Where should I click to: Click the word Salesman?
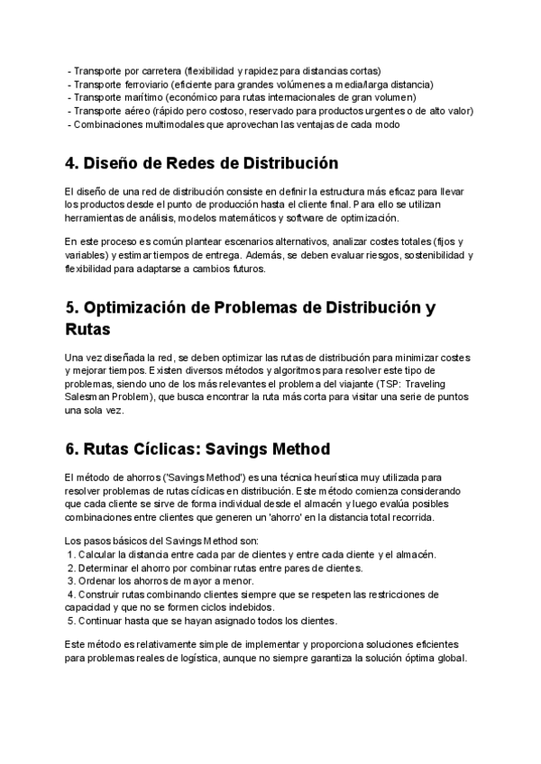tap(87, 397)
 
